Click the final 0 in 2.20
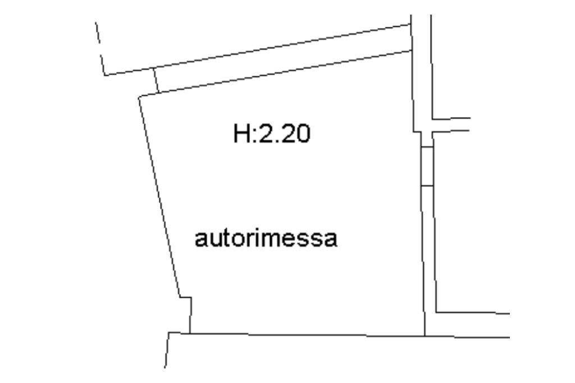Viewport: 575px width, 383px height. [302, 135]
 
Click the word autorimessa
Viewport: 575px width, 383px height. [266, 238]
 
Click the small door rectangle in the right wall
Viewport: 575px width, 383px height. [427, 166]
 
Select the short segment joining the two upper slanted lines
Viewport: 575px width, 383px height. [156, 80]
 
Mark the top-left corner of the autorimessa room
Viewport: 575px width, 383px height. [139, 96]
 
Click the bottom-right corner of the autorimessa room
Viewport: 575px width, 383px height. [425, 335]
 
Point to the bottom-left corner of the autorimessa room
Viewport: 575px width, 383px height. [190, 333]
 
